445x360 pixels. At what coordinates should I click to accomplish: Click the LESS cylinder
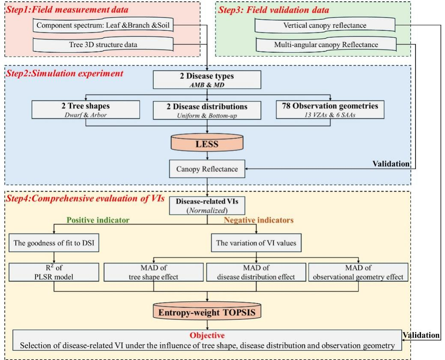point(207,145)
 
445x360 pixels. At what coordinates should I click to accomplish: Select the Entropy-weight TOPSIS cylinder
point(208,312)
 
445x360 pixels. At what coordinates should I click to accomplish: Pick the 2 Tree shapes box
point(86,109)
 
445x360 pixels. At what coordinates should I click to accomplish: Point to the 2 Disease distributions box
point(207,109)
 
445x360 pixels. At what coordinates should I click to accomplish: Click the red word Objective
point(207,335)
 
